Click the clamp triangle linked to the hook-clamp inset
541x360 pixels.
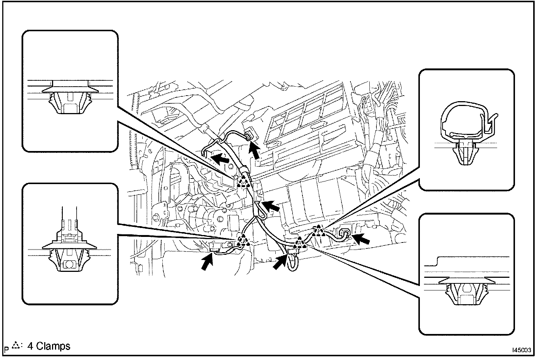[x=318, y=231]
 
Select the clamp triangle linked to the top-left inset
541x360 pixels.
[x=243, y=181]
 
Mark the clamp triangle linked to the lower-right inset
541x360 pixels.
[x=300, y=244]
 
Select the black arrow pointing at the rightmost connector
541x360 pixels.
[x=361, y=238]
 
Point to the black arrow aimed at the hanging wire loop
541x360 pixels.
[x=281, y=262]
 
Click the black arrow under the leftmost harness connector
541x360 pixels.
[x=207, y=263]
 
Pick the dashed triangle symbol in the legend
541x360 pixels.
[x=16, y=346]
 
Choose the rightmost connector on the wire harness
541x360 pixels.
[x=344, y=234]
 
